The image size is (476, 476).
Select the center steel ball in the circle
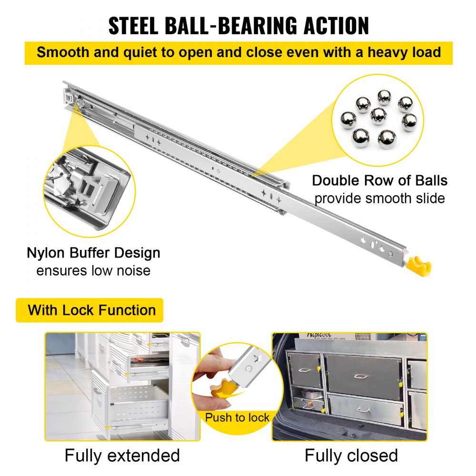[x=379, y=115]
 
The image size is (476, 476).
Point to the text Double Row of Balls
[x=379, y=181]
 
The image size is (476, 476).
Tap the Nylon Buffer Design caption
[x=93, y=253]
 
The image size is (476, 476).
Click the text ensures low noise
[x=93, y=270]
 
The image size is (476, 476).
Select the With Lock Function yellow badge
[x=91, y=310]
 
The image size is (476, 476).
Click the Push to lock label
[x=237, y=418]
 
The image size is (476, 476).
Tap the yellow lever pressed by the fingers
[x=223, y=385]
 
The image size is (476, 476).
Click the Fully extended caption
[x=122, y=455]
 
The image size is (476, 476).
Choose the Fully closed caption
[x=351, y=455]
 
